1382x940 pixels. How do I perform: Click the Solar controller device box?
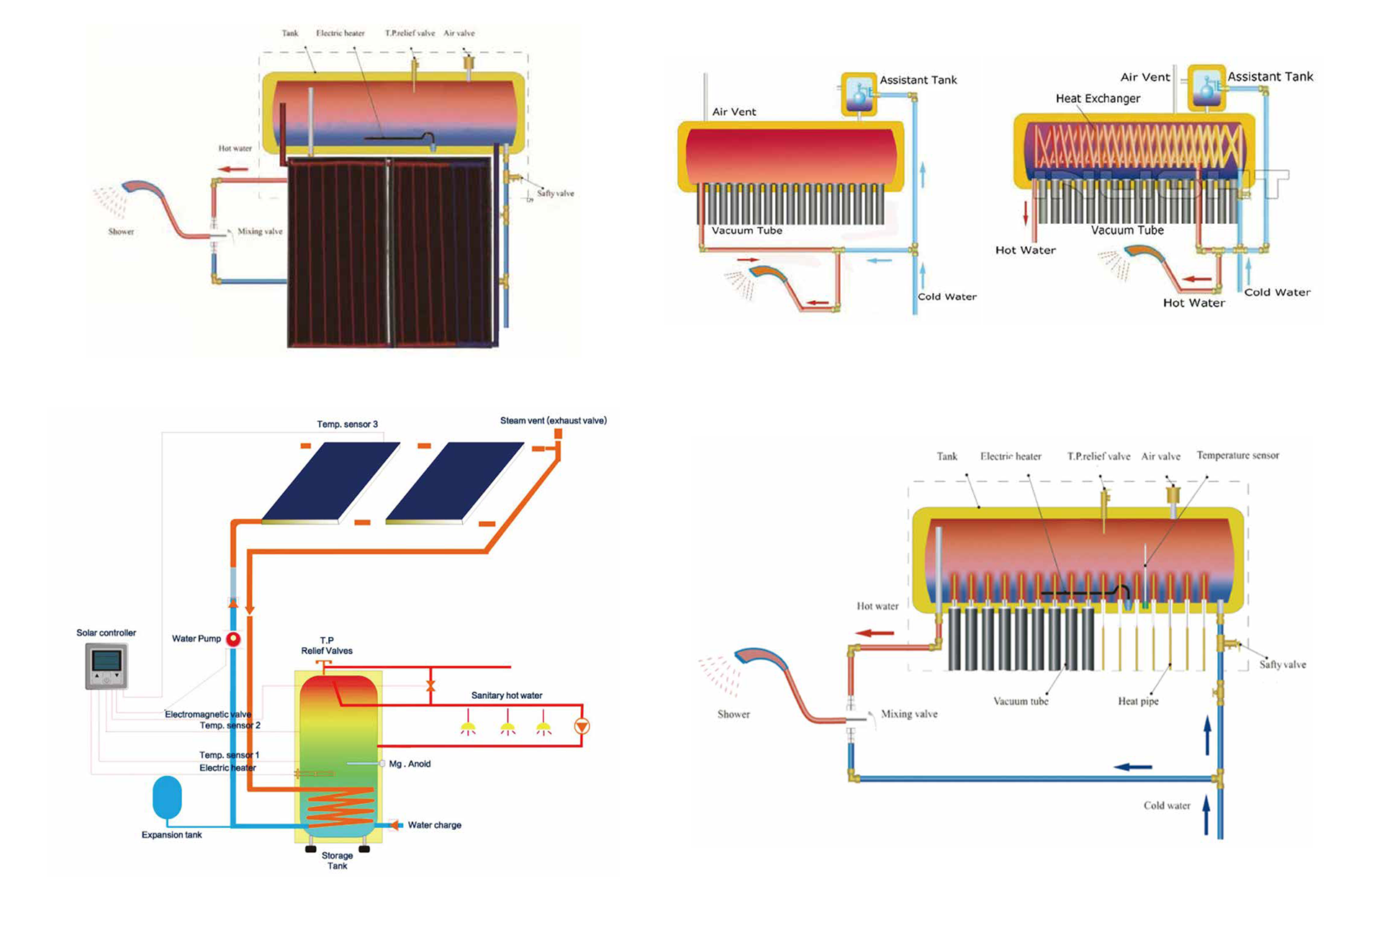click(x=107, y=666)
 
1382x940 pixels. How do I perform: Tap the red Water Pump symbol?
click(x=233, y=639)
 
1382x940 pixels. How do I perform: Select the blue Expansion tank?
click(x=167, y=797)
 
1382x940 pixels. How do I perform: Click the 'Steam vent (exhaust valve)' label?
click(x=553, y=420)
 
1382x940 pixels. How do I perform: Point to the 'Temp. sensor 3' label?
click(x=347, y=424)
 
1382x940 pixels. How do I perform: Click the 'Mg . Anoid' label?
click(x=410, y=764)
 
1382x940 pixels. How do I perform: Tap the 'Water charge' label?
click(x=434, y=825)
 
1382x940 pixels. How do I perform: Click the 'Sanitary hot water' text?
click(x=507, y=695)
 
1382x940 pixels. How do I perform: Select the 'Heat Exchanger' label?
click(x=1098, y=99)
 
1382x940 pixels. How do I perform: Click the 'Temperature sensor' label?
click(x=1237, y=455)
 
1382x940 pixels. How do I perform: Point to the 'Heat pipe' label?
click(x=1138, y=701)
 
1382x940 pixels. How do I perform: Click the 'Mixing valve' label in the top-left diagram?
click(x=260, y=232)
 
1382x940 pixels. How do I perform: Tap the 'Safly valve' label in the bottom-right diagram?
click(x=1282, y=664)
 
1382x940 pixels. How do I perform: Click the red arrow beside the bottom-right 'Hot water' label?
click(x=874, y=633)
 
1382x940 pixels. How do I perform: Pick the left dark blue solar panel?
click(x=330, y=482)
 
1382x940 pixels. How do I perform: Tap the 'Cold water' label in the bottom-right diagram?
click(x=1167, y=805)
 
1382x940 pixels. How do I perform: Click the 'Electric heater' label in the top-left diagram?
click(x=340, y=33)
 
